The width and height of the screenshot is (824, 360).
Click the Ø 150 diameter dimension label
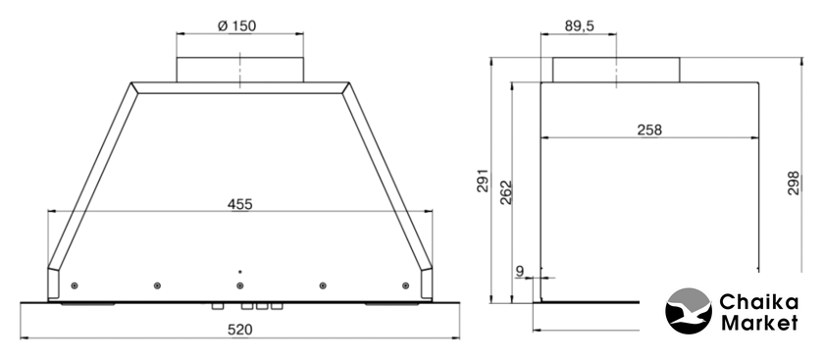(x=237, y=26)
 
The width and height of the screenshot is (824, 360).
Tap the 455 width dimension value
(x=239, y=204)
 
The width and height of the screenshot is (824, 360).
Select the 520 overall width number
(x=239, y=330)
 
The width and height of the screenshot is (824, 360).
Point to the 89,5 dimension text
(x=579, y=26)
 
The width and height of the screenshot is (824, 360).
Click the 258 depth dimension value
(x=649, y=129)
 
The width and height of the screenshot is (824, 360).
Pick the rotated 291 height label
(x=483, y=180)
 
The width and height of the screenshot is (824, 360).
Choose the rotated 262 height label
(x=505, y=192)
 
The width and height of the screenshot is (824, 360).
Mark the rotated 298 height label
(x=793, y=182)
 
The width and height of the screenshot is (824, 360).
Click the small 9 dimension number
(x=520, y=271)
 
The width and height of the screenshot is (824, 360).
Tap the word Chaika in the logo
(x=758, y=303)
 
